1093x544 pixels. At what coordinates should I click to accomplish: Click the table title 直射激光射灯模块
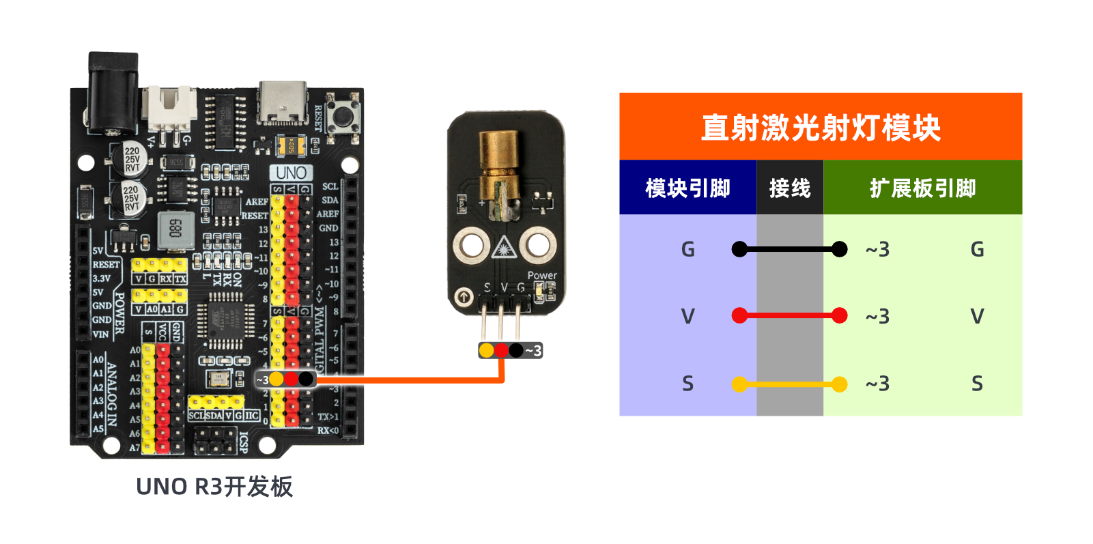(820, 128)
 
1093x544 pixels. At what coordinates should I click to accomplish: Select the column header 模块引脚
(687, 188)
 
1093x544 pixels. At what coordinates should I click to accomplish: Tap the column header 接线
(789, 188)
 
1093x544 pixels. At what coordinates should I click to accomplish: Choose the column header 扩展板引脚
(922, 188)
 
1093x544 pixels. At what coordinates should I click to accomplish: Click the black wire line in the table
(789, 250)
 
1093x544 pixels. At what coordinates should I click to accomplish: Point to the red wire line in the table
(789, 316)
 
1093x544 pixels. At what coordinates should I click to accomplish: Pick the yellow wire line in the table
(789, 384)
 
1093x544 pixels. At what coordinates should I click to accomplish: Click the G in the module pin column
(687, 250)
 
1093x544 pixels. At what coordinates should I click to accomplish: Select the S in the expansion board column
(977, 384)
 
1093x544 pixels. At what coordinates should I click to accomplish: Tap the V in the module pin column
(687, 317)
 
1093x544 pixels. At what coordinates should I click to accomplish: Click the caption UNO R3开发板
(214, 487)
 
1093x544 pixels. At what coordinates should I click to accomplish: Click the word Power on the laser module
(542, 276)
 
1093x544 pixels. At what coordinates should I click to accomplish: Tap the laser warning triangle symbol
(503, 246)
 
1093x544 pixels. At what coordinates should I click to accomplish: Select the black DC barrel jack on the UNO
(113, 92)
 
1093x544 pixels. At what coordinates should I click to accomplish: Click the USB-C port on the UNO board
(283, 102)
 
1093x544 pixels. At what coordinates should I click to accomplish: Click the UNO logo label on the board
(292, 173)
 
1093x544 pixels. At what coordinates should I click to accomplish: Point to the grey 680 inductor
(175, 229)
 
